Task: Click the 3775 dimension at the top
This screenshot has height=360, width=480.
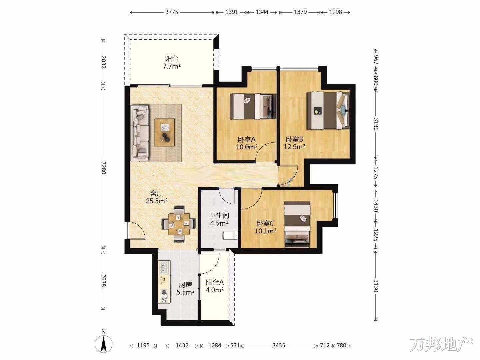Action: (x=172, y=12)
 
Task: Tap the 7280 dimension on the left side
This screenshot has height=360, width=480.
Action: (x=103, y=168)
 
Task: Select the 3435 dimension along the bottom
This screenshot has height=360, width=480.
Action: (x=279, y=345)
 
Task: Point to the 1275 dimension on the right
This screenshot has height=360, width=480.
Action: (x=376, y=173)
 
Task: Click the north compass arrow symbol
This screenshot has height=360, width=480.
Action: (x=104, y=343)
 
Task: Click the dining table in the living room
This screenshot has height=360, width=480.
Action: (x=179, y=224)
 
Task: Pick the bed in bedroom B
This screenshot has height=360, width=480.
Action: (x=328, y=111)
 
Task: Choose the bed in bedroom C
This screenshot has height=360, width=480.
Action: (x=297, y=225)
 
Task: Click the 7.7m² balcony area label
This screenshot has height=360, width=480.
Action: (x=172, y=66)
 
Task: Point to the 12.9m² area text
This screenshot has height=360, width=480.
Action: (x=294, y=146)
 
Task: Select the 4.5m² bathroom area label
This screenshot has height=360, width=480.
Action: (x=219, y=223)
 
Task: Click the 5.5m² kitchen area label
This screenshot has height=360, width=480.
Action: (x=186, y=292)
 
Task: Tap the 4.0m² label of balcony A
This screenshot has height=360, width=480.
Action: (x=215, y=290)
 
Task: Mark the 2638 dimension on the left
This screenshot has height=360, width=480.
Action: (x=103, y=280)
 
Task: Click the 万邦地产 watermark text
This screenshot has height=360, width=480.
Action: (x=441, y=344)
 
